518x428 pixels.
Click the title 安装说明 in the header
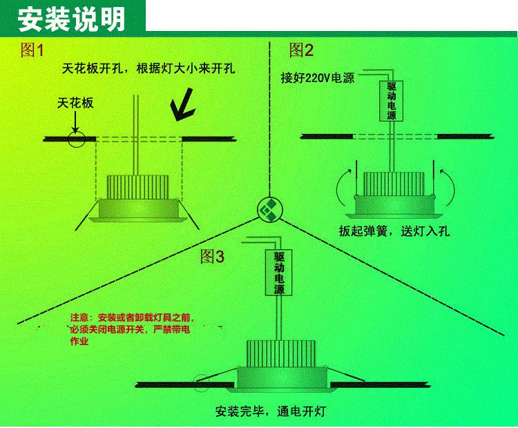(71, 19)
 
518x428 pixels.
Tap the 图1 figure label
(32, 50)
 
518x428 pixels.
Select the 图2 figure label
(301, 50)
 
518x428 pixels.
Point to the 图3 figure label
(213, 256)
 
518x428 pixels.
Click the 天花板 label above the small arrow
(75, 103)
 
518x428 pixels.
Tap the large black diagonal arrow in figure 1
(182, 105)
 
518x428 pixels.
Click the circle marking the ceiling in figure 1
(77, 139)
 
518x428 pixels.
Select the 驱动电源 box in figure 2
(391, 101)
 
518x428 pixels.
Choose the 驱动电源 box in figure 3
(279, 273)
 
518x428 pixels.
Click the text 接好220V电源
(318, 78)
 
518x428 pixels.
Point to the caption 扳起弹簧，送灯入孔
(394, 231)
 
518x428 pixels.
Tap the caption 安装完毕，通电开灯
(271, 411)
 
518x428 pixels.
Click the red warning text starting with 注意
(131, 329)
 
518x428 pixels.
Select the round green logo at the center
(270, 209)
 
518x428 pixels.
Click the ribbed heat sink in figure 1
(137, 187)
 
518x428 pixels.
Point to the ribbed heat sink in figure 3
(281, 353)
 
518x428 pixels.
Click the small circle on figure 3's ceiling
(201, 383)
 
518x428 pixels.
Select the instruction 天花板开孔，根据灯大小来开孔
(148, 69)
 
